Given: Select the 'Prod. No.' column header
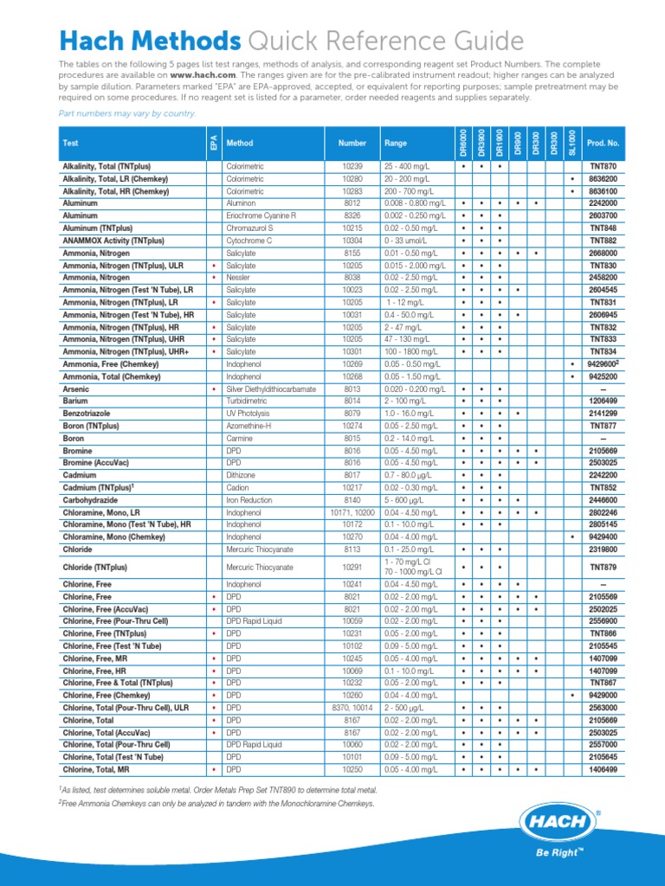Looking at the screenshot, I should point(603,143).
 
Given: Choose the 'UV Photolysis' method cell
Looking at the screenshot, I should point(248,414).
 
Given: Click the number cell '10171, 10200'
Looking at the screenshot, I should point(352,513).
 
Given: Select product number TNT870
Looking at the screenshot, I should point(603,165).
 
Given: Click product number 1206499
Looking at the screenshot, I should point(603,402).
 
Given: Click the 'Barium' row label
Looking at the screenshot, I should point(74,402).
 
